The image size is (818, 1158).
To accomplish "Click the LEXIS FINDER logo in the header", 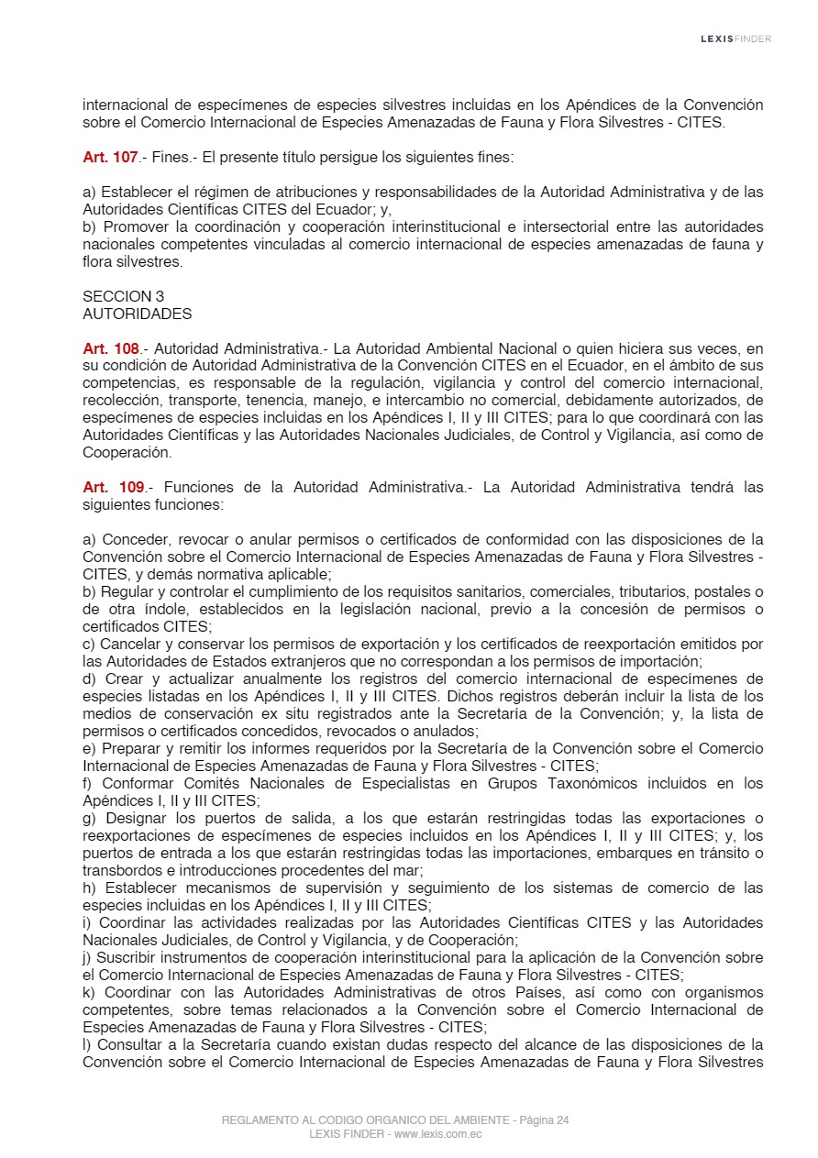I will [x=735, y=39].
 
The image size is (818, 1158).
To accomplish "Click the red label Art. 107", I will [x=110, y=158].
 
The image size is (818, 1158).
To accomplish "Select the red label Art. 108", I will [x=110, y=348].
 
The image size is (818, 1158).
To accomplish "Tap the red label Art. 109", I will [x=114, y=487].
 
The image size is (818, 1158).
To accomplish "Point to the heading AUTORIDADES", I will [x=137, y=314].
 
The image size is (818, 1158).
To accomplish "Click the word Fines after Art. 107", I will [x=168, y=158].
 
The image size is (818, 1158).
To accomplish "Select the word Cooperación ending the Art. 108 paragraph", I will [x=127, y=453].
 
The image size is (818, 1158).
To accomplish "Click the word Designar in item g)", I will [x=138, y=818].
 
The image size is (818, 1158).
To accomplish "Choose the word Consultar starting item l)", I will [x=128, y=1044].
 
